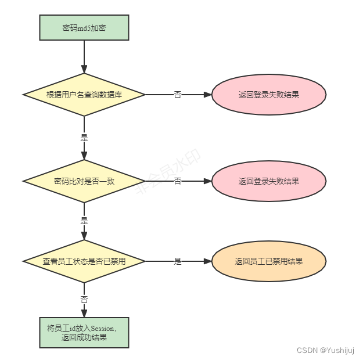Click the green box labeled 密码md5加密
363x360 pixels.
click(x=84, y=28)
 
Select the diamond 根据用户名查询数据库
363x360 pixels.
click(x=84, y=94)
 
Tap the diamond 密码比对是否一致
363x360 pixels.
click(x=84, y=181)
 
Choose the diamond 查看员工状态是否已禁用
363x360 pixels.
click(x=84, y=261)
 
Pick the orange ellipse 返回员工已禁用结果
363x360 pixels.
click(x=269, y=261)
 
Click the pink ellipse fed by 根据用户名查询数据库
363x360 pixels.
click(x=269, y=94)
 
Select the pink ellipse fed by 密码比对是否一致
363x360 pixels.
click(x=269, y=181)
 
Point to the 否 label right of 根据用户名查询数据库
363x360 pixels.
click(x=178, y=95)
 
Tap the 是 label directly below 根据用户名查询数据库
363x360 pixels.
click(x=84, y=138)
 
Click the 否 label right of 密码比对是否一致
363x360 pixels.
click(x=178, y=182)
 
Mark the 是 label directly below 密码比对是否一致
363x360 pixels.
click(x=84, y=221)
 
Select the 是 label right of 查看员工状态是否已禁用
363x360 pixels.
click(x=178, y=262)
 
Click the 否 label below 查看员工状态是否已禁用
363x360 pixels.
click(x=84, y=300)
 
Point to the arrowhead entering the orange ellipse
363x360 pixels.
click(x=208, y=261)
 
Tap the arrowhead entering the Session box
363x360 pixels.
click(x=84, y=314)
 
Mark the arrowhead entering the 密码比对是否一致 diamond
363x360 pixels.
click(x=84, y=156)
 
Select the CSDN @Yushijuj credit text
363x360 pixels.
click(x=325, y=350)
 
